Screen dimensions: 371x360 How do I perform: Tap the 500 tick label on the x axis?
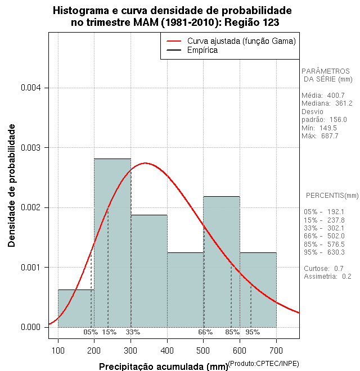[x=204, y=351]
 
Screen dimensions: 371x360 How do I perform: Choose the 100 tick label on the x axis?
[x=58, y=351]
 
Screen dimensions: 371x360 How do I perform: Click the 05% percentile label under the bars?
[x=91, y=332]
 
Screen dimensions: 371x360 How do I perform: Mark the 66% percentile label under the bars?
[x=205, y=332]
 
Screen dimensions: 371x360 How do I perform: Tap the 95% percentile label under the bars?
[x=253, y=332]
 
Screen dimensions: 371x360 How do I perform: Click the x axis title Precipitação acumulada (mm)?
[x=163, y=367]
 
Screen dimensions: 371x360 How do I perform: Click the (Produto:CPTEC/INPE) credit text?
[x=264, y=364]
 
